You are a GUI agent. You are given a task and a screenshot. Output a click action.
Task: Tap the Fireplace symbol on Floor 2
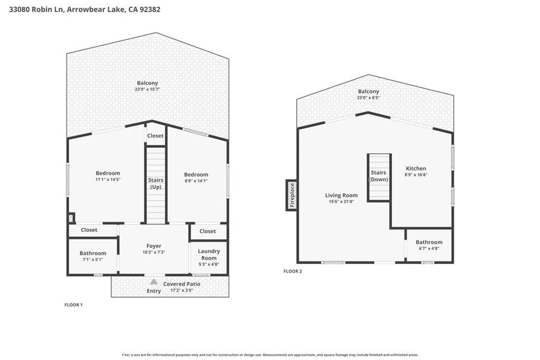tap(291, 196)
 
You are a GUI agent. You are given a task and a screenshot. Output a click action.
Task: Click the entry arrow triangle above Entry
tap(153, 282)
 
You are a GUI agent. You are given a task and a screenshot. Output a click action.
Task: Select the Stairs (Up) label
tap(156, 183)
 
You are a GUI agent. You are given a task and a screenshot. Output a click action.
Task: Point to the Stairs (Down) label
tap(379, 176)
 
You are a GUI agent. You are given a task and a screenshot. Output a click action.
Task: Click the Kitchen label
tap(416, 169)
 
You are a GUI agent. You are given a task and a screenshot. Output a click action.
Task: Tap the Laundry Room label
tap(209, 255)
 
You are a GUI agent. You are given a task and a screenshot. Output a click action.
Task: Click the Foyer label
tap(153, 246)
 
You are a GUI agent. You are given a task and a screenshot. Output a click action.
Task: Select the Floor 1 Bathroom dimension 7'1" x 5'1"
tap(93, 259)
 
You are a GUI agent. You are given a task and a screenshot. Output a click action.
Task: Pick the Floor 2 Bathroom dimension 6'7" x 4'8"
tap(428, 248)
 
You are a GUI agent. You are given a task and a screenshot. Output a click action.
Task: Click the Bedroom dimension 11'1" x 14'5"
tap(108, 180)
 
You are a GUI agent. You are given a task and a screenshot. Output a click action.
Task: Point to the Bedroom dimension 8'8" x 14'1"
tap(196, 181)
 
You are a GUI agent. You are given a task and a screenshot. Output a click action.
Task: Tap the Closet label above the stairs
tap(155, 136)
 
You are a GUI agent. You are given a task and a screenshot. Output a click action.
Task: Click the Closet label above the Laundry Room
tap(208, 231)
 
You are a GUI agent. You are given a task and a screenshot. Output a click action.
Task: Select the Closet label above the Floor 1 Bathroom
tap(89, 230)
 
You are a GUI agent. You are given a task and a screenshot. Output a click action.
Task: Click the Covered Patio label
tap(181, 284)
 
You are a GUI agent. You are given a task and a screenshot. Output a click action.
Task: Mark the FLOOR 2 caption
tap(293, 271)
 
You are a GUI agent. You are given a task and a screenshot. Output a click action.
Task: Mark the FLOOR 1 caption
tap(73, 305)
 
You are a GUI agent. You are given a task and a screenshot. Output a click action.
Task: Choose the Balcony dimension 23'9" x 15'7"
tap(147, 90)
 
